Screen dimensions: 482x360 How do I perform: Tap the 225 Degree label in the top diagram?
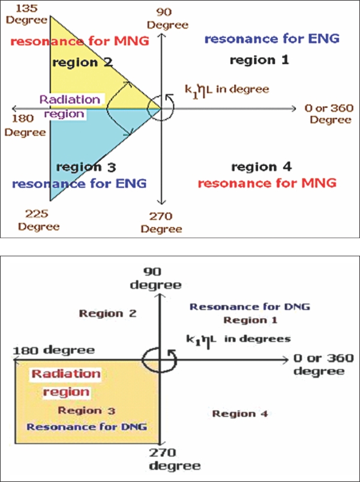pyautogui.click(x=38, y=219)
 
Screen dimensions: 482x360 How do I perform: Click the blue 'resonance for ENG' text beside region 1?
pyautogui.click(x=272, y=39)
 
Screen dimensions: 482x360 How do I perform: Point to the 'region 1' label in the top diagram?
pyautogui.click(x=260, y=59)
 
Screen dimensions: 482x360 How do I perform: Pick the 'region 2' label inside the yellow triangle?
pyautogui.click(x=82, y=62)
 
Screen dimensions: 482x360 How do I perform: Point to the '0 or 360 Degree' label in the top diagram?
pyautogui.click(x=327, y=114)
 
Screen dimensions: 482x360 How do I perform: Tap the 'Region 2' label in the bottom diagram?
pyautogui.click(x=108, y=313)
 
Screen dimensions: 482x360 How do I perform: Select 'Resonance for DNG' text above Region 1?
pyautogui.click(x=249, y=306)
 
